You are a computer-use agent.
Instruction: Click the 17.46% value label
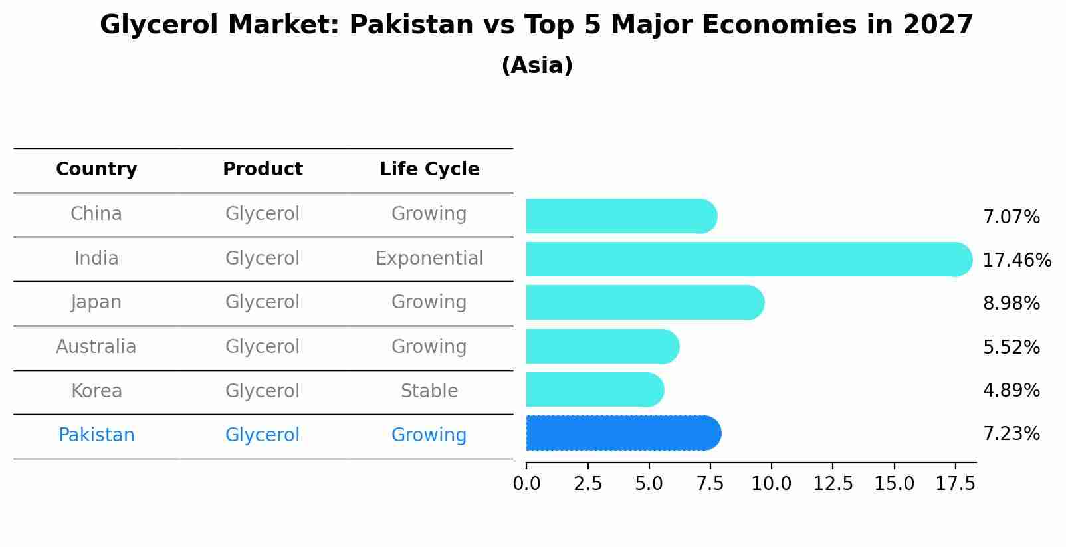click(x=1016, y=260)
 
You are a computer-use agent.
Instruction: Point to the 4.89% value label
click(x=1011, y=390)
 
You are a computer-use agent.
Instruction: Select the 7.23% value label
click(x=1011, y=434)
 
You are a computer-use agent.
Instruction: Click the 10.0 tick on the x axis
click(x=771, y=484)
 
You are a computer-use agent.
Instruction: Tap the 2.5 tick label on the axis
click(x=587, y=484)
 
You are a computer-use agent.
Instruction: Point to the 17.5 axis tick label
click(x=955, y=484)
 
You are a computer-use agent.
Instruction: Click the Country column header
click(x=96, y=169)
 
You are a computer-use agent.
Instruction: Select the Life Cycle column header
click(x=429, y=169)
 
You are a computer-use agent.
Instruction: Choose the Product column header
click(x=263, y=169)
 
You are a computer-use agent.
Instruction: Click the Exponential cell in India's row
click(x=429, y=259)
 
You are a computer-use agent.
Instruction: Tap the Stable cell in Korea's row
click(x=429, y=391)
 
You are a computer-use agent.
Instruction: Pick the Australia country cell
click(x=96, y=347)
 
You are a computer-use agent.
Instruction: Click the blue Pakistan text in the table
click(x=96, y=435)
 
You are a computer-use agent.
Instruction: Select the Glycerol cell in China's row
click(x=263, y=214)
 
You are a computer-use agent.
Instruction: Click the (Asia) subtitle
click(x=537, y=66)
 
